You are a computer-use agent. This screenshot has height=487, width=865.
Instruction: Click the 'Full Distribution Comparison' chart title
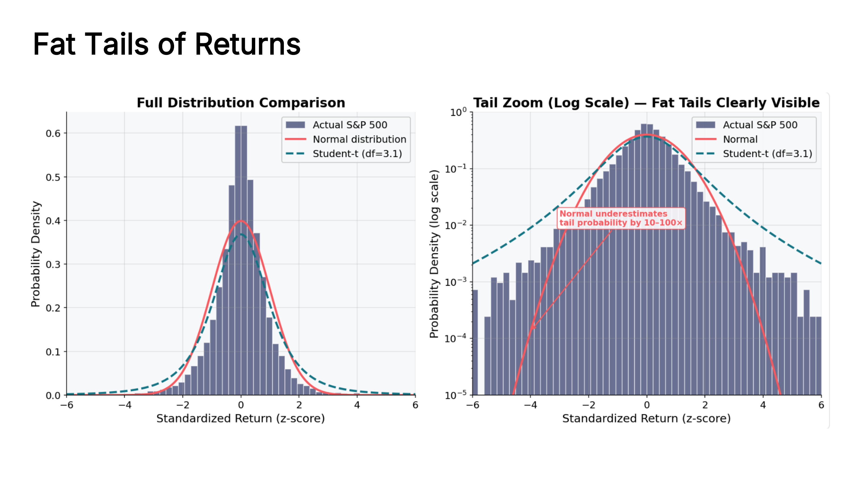(x=241, y=103)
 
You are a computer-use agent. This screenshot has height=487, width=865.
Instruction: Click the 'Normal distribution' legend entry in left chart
(x=346, y=139)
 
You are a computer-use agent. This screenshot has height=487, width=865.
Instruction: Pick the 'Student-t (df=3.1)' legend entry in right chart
(x=754, y=154)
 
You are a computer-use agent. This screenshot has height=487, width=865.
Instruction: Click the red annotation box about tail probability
(x=621, y=218)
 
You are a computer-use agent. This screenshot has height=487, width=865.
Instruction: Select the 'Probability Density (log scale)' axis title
(x=434, y=254)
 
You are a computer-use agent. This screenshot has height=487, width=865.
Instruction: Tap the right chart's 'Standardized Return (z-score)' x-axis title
(x=646, y=419)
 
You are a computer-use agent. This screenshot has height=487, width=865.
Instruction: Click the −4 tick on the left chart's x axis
(x=125, y=405)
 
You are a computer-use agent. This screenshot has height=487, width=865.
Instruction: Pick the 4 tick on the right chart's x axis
(x=763, y=405)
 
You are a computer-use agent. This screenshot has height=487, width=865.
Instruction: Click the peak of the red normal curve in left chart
(x=241, y=221)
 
